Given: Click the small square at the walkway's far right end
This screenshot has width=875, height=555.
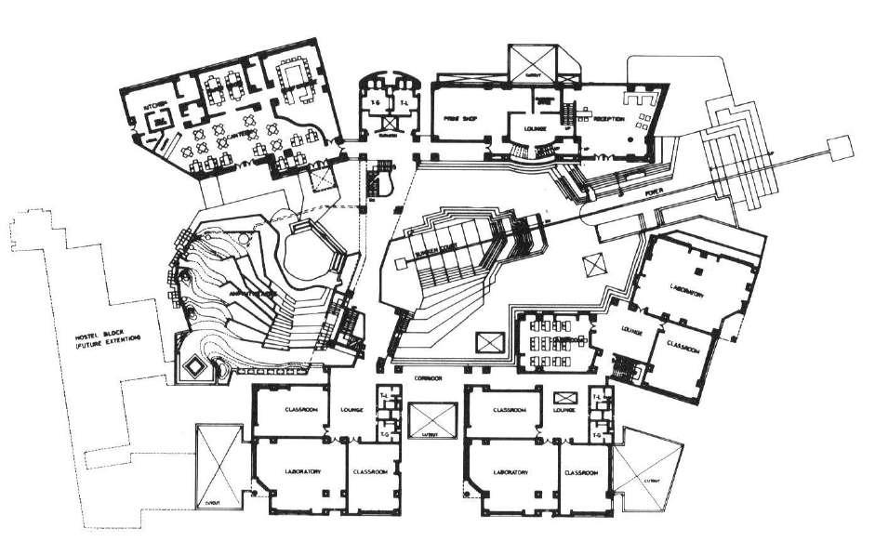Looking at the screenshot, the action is pos(839,145).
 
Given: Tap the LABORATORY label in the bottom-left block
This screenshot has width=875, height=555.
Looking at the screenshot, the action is pos(304,472).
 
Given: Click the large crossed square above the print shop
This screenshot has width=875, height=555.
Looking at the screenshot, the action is pos(533,62).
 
